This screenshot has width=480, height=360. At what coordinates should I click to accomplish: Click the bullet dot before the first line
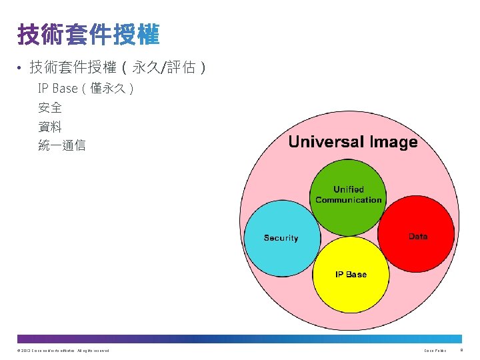point(21,68)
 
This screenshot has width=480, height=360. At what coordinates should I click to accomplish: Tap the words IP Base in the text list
point(57,89)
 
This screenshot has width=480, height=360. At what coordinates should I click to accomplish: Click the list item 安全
point(50,107)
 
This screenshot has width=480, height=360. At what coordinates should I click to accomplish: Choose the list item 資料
point(50,126)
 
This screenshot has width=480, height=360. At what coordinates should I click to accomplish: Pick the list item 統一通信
point(62,145)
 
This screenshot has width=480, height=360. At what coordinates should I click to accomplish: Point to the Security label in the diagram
point(281,238)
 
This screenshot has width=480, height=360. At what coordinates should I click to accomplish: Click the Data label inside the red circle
point(418,236)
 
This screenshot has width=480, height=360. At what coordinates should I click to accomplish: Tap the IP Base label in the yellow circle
point(351,274)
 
